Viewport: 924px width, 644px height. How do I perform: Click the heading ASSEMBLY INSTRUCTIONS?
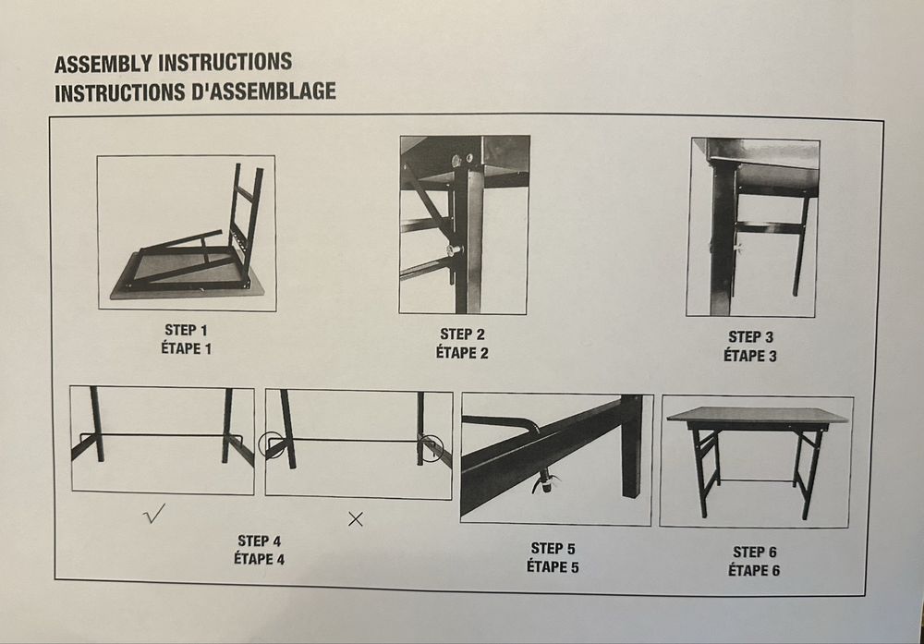point(173,64)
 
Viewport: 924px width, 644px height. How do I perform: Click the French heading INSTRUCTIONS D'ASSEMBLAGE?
point(195,92)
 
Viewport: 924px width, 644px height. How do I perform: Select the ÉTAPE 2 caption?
point(462,352)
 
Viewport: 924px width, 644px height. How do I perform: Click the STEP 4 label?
point(259,541)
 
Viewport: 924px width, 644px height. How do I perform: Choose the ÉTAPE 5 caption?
point(553,566)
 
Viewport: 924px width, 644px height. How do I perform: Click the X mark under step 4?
point(355,519)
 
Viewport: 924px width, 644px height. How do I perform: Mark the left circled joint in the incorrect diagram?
point(271,444)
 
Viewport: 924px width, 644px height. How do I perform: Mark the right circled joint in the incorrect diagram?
point(431,447)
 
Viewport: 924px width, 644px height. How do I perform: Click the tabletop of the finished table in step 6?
point(757,415)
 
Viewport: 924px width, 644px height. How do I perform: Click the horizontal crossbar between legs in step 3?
point(770,227)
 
